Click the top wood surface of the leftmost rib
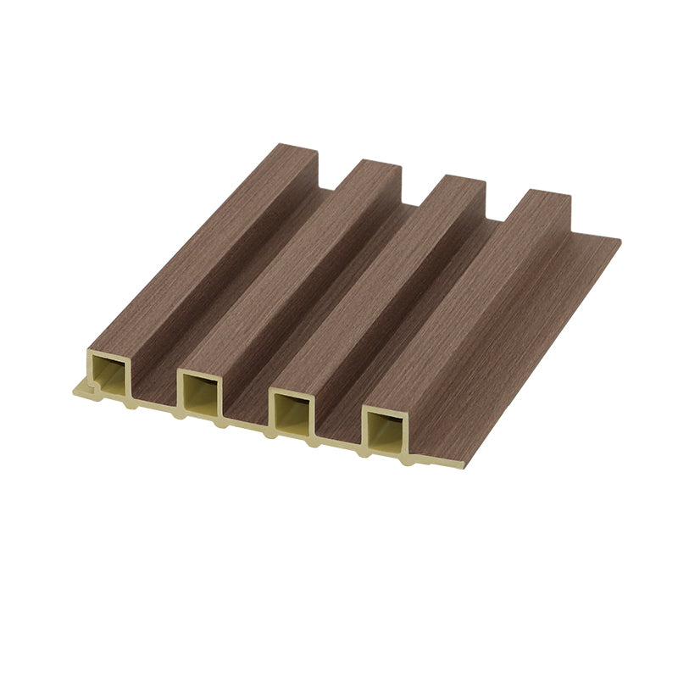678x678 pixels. point(195,246)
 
